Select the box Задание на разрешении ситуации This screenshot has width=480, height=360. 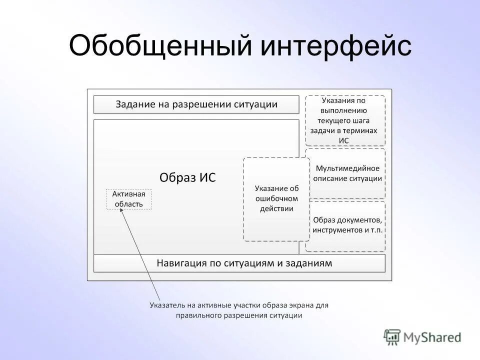pos(196,104)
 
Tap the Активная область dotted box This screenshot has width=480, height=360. pos(128,199)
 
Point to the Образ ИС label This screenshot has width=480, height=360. pos(187,177)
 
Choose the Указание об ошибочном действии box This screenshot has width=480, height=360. pos(276,199)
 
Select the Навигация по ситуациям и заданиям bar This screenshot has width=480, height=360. pos(239,263)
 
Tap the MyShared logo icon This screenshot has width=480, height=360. pos(392,336)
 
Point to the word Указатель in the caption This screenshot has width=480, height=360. pos(166,304)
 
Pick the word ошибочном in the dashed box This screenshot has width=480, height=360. pos(276,199)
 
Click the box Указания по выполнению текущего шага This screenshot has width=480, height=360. pos(345,120)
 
